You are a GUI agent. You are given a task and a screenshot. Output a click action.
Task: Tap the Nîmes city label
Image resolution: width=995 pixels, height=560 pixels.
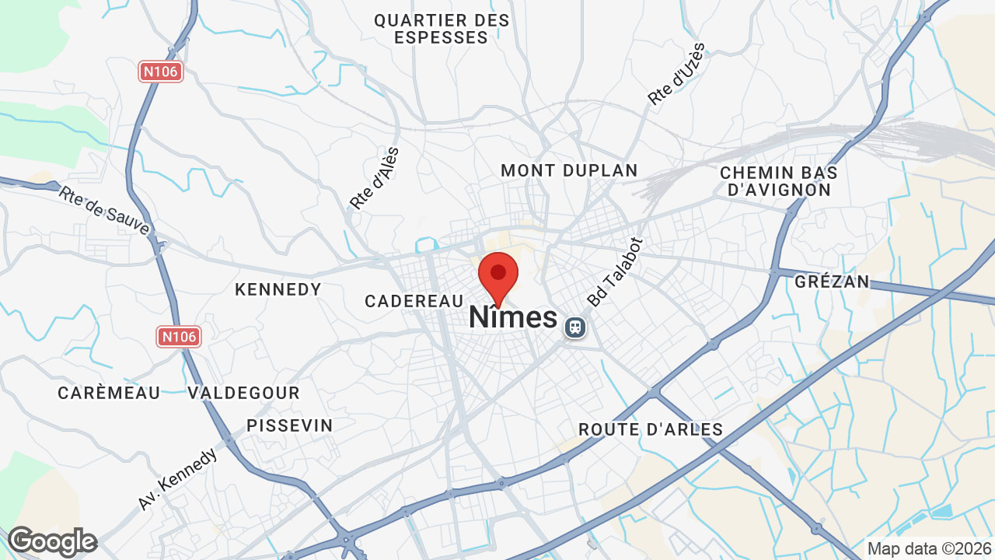(513, 317)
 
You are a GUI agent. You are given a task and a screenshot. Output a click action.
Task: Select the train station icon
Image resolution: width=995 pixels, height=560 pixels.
(575, 327)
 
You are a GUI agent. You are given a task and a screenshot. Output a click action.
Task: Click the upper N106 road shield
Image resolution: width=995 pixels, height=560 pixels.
(161, 72)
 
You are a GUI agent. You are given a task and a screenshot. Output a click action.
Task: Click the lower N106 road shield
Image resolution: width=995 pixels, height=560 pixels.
(180, 337)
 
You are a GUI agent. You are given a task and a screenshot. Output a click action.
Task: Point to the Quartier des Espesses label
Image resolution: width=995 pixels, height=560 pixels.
(442, 29)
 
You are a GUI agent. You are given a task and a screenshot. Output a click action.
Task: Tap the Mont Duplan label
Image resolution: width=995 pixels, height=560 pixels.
(569, 170)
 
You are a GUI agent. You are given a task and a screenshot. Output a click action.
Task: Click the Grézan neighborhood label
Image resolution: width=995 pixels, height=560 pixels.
(832, 282)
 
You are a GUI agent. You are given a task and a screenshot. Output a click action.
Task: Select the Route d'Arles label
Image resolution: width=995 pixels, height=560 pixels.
(651, 429)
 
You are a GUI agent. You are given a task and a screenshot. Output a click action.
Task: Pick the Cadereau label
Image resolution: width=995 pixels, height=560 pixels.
(414, 301)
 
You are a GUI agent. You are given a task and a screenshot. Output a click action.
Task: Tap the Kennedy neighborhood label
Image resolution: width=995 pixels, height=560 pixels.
(278, 289)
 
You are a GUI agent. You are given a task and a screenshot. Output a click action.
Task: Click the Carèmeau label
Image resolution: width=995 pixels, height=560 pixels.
(109, 393)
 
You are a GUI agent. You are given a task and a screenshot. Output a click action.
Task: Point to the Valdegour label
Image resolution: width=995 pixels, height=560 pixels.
(243, 393)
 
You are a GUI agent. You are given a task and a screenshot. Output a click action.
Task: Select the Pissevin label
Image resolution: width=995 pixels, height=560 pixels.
(289, 425)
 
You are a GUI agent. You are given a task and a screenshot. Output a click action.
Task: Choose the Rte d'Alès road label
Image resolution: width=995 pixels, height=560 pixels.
(374, 179)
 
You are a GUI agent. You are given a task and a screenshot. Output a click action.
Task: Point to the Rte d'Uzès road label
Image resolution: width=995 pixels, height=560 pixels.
(676, 75)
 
